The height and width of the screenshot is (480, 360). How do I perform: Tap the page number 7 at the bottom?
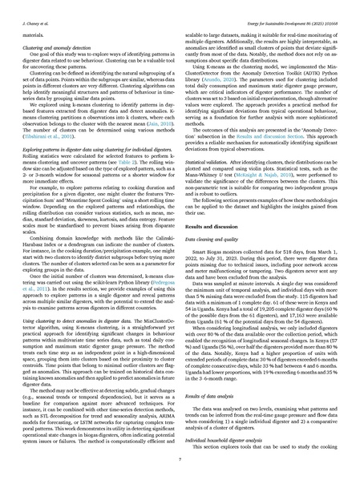click(180, 462)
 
